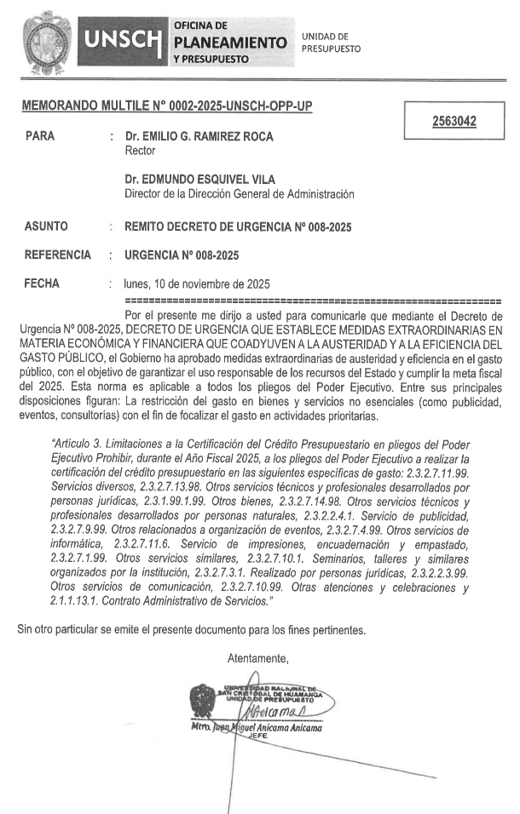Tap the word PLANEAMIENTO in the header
[229, 42]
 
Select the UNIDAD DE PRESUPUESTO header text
[331, 43]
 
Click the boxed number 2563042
[454, 122]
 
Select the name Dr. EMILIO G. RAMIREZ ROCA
[199, 136]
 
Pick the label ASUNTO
[46, 227]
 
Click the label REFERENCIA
[57, 255]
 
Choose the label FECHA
[42, 284]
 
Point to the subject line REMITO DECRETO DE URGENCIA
[238, 227]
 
